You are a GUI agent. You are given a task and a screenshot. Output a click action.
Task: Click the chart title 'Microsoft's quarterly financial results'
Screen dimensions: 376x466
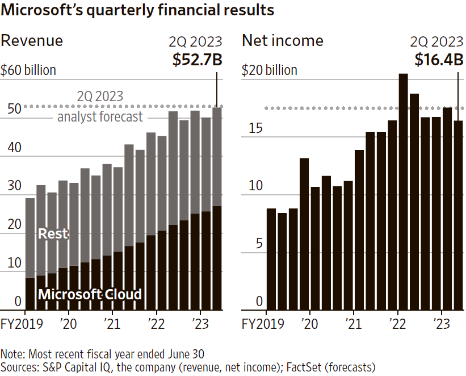(137, 10)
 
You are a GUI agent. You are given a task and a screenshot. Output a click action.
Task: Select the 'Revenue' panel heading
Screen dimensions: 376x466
(32, 41)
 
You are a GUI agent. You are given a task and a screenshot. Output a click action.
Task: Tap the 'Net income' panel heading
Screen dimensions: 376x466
(282, 41)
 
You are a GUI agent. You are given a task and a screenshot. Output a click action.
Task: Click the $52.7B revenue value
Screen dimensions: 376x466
(197, 59)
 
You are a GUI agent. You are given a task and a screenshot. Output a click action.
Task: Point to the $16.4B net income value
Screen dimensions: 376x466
(439, 59)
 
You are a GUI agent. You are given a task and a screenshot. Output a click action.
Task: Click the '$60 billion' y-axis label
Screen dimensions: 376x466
(28, 70)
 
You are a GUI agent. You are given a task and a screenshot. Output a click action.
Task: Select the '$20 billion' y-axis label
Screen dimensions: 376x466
(270, 70)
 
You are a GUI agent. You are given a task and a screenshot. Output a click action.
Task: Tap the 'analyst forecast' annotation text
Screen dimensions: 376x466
(100, 117)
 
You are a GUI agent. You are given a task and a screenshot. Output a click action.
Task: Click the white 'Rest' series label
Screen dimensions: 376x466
(53, 233)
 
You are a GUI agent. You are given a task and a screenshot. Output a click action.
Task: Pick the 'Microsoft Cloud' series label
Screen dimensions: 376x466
(90, 294)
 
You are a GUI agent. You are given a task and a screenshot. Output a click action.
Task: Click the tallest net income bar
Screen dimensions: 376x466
(403, 191)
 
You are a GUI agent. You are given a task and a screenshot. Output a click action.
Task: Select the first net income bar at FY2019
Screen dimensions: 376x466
(271, 259)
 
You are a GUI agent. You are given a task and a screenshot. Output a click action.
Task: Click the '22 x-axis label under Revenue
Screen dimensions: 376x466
(156, 324)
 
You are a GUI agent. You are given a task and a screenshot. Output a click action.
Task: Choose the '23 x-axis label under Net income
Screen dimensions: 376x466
(440, 324)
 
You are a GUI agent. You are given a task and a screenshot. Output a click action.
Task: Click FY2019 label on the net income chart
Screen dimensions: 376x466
(262, 324)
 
